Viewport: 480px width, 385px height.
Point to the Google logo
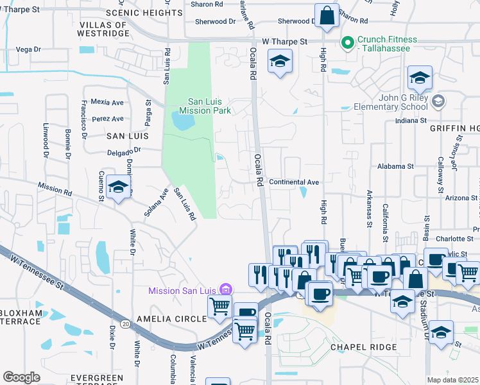click(x=21, y=377)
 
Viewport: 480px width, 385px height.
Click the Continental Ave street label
click(x=294, y=182)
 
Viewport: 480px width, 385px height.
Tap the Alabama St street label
click(x=395, y=166)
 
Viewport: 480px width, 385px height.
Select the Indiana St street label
click(x=411, y=121)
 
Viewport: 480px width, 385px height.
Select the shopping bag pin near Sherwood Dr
click(x=327, y=16)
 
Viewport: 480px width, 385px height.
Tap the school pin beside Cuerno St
click(x=119, y=187)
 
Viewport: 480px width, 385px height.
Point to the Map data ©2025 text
click(x=452, y=380)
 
